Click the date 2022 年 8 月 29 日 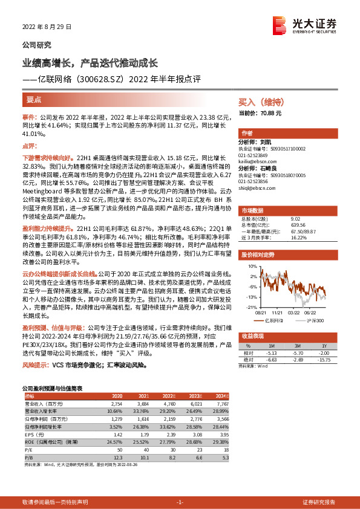pyautogui.click(x=47, y=27)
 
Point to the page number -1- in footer pyautogui.click(x=179, y=502)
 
